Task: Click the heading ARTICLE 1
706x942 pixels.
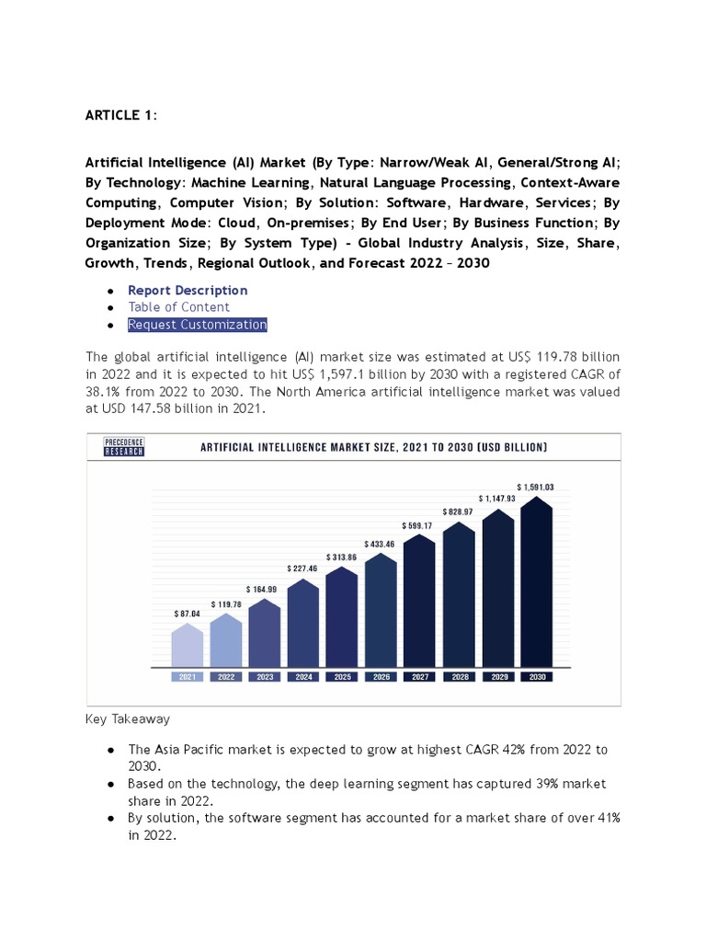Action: coord(120,115)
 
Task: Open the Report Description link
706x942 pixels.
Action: coord(188,290)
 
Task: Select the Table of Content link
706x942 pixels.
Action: coord(179,307)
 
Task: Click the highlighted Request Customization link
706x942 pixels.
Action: coord(198,325)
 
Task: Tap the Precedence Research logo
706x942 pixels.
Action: coord(123,447)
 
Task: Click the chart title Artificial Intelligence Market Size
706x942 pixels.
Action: coord(374,447)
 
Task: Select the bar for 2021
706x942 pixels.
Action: coord(188,645)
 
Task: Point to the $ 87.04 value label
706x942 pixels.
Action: coord(188,613)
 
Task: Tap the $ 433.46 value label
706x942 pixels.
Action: coord(381,545)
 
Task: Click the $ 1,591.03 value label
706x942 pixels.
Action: coord(535,486)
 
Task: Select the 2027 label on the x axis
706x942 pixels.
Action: coord(419,677)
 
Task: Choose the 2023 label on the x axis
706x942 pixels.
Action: coord(265,677)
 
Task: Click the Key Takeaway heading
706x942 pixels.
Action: coord(128,718)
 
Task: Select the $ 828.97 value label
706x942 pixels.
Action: coord(458,511)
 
